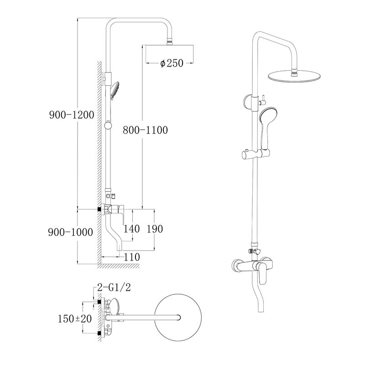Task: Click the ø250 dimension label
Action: pyautogui.click(x=172, y=63)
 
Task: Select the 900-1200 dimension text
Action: pyautogui.click(x=71, y=115)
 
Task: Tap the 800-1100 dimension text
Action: pyautogui.click(x=145, y=130)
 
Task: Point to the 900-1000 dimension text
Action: pyautogui.click(x=70, y=232)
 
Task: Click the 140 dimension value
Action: pyautogui.click(x=131, y=229)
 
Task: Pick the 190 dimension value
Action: pyautogui.click(x=155, y=229)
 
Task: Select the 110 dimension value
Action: pyautogui.click(x=132, y=257)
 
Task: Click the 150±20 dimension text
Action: pyautogui.click(x=75, y=318)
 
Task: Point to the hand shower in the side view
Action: pyautogui.click(x=115, y=89)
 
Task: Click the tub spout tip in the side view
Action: pyautogui.click(x=120, y=248)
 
